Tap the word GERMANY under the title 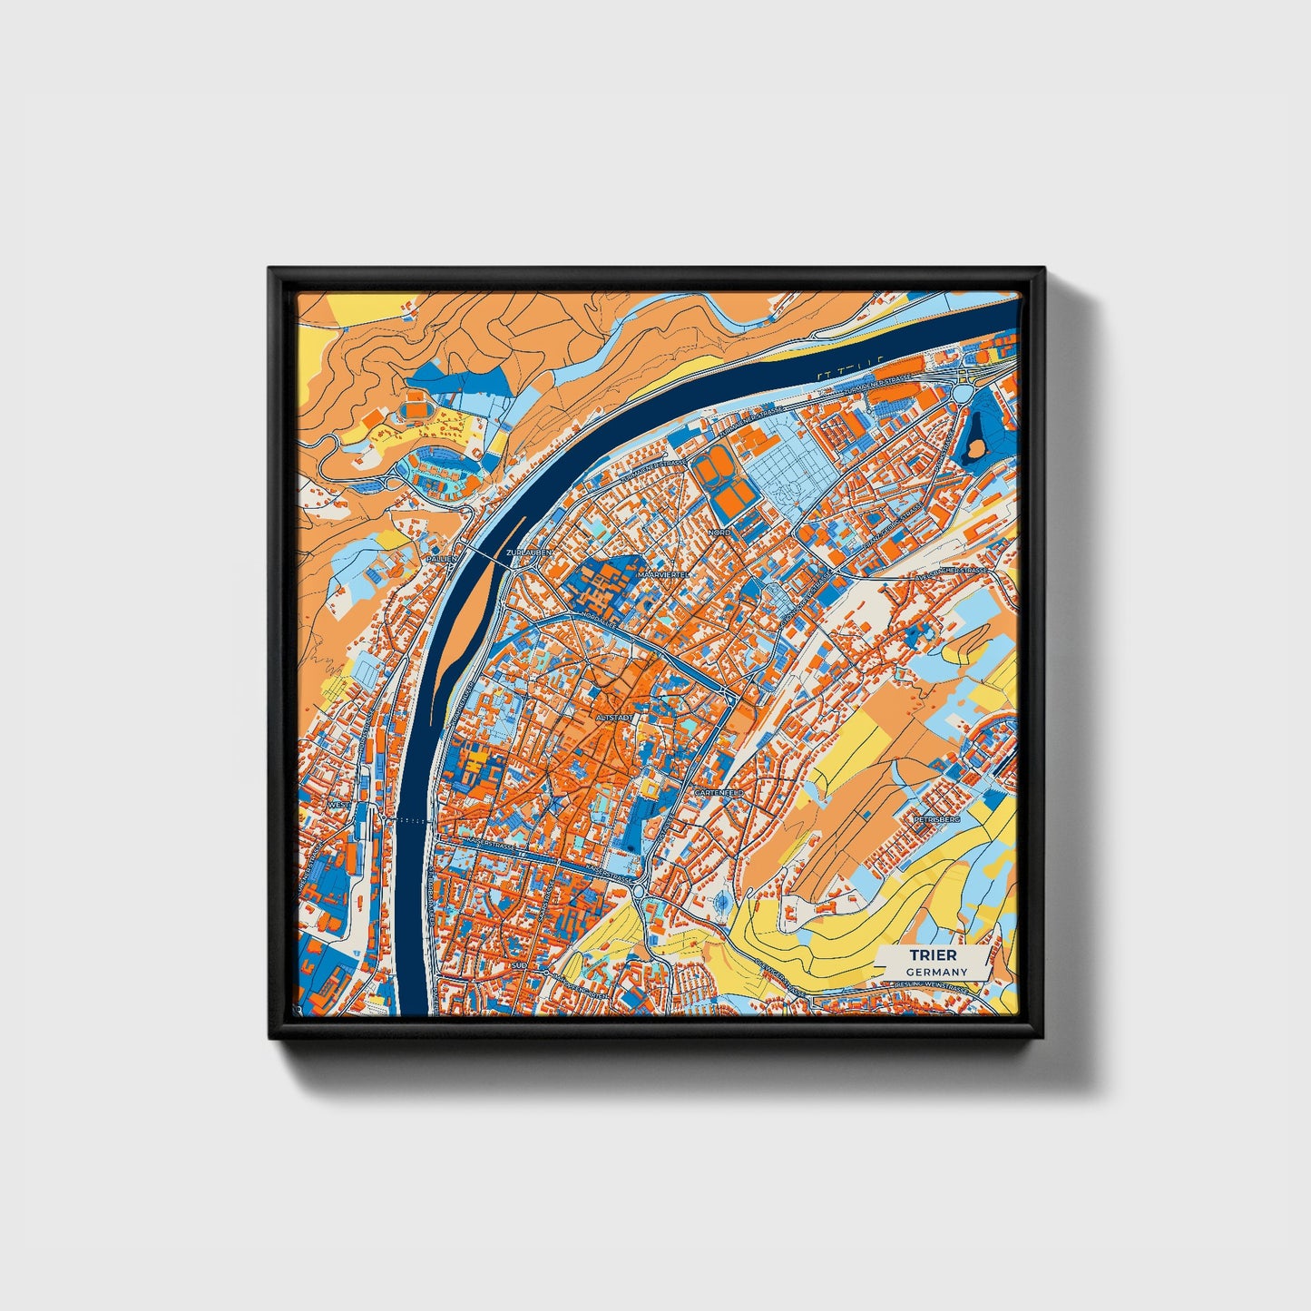tap(935, 972)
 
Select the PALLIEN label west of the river tap(442, 560)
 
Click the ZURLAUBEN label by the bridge tap(529, 551)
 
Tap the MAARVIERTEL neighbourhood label tap(664, 575)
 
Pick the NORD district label tap(719, 533)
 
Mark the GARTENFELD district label tap(719, 792)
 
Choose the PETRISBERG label tap(937, 818)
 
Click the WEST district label tap(338, 804)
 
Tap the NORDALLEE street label tap(601, 621)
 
